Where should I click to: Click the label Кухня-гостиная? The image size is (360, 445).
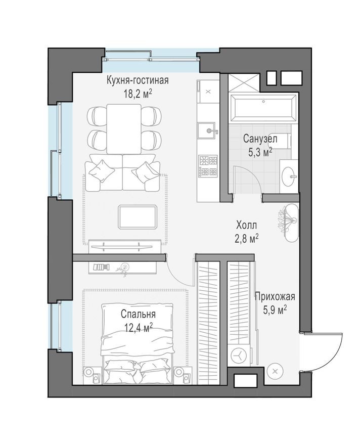click(137, 80)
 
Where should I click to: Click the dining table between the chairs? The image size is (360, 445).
click(124, 128)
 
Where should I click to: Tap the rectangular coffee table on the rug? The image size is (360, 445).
click(138, 216)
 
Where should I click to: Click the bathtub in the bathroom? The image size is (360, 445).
click(263, 108)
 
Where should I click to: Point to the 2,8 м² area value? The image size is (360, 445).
click(248, 238)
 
